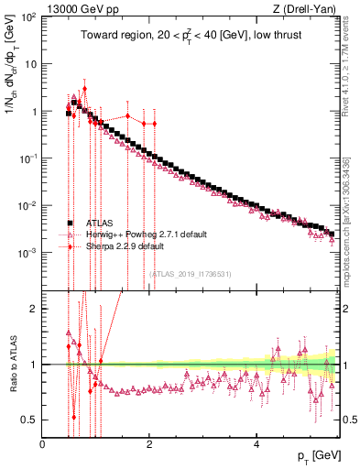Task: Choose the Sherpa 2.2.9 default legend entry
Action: (118, 246)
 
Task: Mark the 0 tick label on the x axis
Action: (43, 444)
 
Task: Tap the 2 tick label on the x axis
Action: (150, 444)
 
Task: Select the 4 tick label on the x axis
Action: (257, 444)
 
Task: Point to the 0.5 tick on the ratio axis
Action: (30, 420)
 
